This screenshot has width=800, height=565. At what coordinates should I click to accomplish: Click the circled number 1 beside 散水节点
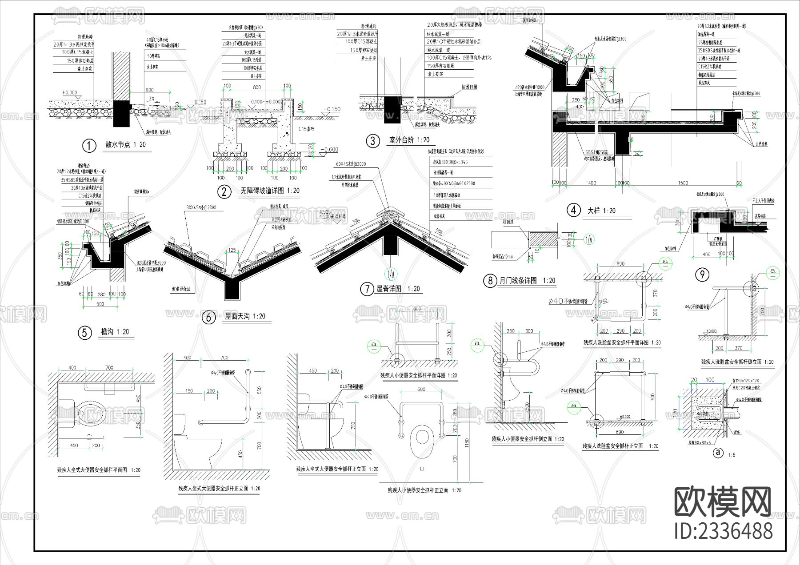point(89,145)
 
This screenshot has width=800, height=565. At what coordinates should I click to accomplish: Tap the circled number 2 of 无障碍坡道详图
point(224,191)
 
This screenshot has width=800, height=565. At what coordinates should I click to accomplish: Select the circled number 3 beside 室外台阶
point(372,141)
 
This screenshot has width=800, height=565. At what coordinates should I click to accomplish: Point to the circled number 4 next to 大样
point(574,210)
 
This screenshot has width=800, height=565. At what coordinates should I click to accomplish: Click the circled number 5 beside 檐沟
point(84,333)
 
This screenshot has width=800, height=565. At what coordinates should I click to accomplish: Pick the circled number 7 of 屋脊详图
point(367,289)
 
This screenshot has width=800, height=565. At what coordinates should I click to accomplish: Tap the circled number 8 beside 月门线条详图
point(490,281)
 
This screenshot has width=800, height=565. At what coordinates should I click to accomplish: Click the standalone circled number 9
point(702,275)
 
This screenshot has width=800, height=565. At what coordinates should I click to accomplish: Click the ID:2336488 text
point(724,531)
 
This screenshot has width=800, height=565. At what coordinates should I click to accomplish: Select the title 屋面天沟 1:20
point(245,316)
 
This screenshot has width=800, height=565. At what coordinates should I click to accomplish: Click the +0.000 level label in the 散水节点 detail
point(70,92)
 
